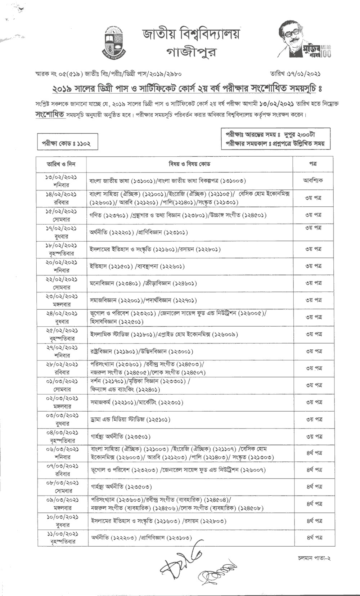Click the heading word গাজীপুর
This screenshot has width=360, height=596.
pos(191,53)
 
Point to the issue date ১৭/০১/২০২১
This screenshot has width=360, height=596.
pos(303,74)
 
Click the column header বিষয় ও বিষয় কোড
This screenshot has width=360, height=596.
pos(189,164)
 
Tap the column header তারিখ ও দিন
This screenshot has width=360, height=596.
pos(61,164)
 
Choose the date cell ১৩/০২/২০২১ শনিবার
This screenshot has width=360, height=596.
pos(61,181)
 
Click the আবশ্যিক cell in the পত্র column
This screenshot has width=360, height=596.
pos(312,180)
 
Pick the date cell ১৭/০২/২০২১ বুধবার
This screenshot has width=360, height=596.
pos(61,232)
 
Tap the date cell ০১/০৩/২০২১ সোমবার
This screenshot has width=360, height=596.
pos(61,385)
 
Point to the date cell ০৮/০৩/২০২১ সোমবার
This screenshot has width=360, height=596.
pos(61,487)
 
